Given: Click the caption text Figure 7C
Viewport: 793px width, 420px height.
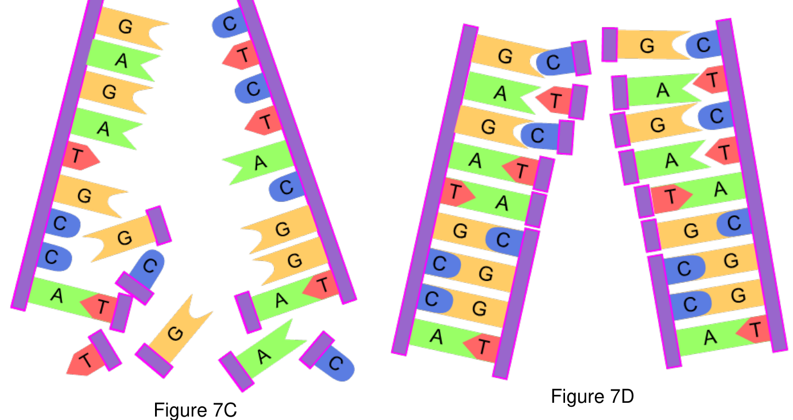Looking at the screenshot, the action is [x=195, y=410].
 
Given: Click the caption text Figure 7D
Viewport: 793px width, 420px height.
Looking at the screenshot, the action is [x=592, y=396].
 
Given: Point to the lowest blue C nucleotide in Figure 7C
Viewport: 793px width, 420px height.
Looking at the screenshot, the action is [x=335, y=363].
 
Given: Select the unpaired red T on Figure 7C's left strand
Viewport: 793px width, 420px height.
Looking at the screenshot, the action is [x=80, y=156].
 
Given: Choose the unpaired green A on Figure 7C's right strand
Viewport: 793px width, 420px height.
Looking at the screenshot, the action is [x=258, y=163].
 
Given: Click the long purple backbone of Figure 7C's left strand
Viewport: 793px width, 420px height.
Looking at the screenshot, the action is [x=57, y=155].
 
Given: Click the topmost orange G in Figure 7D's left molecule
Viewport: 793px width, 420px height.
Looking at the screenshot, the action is [x=506, y=56].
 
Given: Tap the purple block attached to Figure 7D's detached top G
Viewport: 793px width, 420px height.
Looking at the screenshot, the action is [x=610, y=45].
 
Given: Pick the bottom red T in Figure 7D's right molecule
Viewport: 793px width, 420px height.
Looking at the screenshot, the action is [x=753, y=329].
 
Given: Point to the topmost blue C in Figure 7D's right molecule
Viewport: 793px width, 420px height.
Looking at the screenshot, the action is [x=704, y=45].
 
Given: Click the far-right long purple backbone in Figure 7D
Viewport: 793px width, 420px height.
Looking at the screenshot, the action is [x=751, y=185].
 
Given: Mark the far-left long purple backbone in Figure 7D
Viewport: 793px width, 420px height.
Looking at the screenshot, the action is [x=435, y=190].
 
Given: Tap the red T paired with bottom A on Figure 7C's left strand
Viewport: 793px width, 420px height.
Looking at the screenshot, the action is [x=100, y=306].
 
